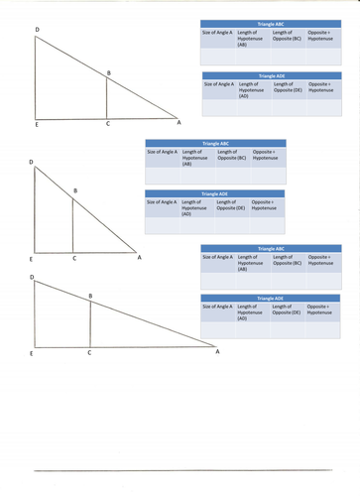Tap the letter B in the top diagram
click(x=109, y=70)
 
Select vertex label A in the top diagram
click(x=179, y=123)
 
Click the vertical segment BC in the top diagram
click(x=107, y=98)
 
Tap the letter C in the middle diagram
click(x=73, y=258)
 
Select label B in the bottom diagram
click(x=91, y=297)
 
